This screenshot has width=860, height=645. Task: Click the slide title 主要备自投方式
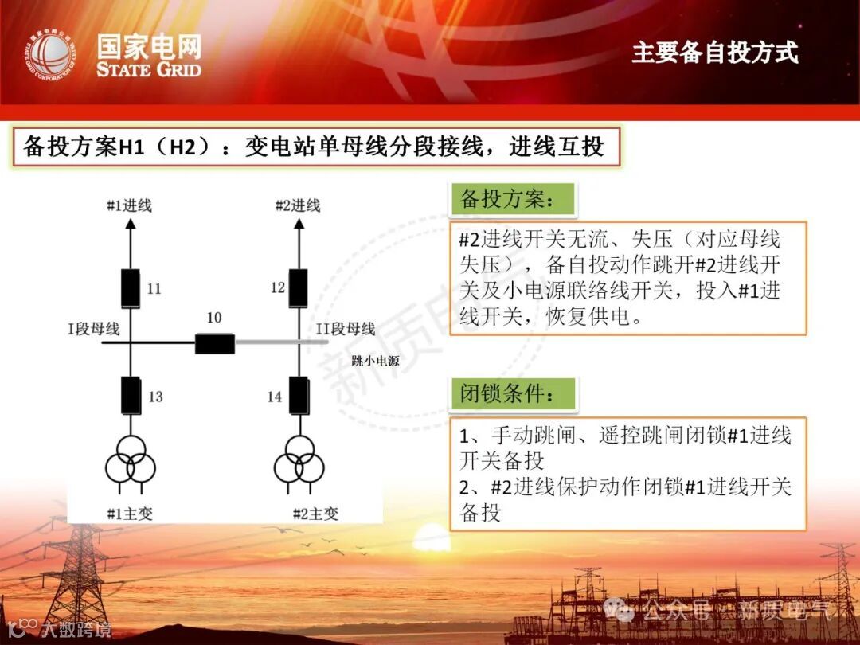point(714,53)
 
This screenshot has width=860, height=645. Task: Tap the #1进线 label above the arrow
point(130,205)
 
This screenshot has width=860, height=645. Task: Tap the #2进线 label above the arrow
point(298,205)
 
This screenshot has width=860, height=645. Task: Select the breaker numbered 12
point(299,288)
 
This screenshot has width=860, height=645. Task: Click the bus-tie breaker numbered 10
point(215,344)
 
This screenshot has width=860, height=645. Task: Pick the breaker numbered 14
point(299,395)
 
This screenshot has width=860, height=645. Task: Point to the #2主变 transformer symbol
point(299,459)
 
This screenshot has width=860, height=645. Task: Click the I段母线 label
point(94,328)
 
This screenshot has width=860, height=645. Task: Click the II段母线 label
point(346,328)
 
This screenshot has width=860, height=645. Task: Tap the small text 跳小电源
point(375,361)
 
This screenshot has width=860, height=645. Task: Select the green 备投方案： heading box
point(513,199)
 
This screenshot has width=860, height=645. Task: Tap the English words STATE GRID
point(149,68)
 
